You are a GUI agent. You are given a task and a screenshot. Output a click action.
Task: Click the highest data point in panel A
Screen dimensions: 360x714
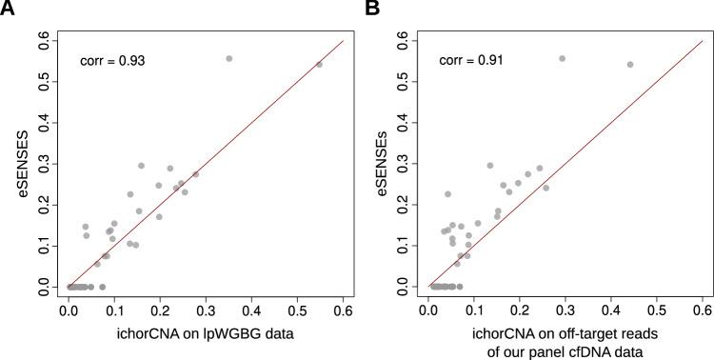[228, 59]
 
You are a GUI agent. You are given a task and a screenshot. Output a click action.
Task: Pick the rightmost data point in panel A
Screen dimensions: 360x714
[319, 65]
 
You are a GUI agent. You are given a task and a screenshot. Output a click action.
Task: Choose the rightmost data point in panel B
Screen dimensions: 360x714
[630, 65]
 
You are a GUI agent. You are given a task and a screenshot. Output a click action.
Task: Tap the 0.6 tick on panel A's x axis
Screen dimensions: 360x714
[343, 310]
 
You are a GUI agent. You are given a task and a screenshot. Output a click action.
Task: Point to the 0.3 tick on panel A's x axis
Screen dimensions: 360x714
[206, 310]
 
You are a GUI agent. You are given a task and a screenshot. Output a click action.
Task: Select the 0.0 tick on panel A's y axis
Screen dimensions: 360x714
[43, 286]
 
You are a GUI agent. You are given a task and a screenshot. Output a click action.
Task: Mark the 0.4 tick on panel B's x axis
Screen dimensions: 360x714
[611, 310]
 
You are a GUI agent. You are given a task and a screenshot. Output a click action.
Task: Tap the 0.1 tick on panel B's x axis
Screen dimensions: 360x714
[474, 310]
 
